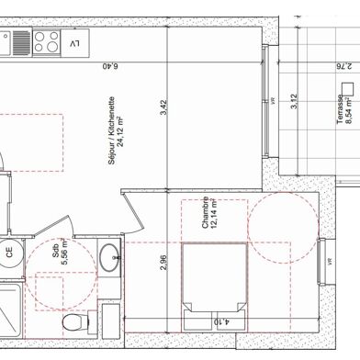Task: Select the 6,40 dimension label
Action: (110, 66)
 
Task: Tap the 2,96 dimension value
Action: (163, 260)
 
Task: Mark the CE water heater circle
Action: (8, 251)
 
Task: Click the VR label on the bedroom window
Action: (328, 263)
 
